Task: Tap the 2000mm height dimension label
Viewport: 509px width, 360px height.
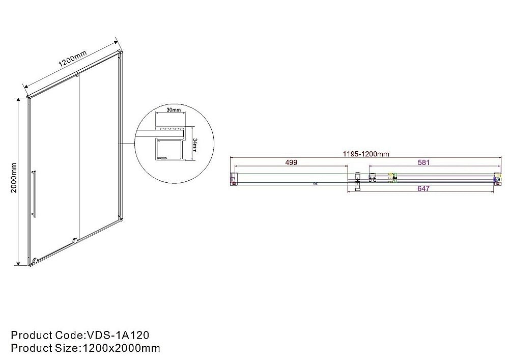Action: tap(14, 177)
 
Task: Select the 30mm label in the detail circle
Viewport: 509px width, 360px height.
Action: tap(174, 109)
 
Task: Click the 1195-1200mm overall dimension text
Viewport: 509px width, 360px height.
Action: tap(364, 153)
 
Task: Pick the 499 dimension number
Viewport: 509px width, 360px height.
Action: tap(291, 162)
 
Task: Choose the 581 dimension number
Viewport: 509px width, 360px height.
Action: tap(424, 163)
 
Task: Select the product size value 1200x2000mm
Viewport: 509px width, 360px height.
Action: tap(121, 348)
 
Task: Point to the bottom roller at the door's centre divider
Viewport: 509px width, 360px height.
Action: tap(76, 240)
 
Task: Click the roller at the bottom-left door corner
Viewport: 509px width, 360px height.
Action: tap(34, 262)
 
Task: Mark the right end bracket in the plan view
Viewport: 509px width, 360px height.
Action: tap(497, 178)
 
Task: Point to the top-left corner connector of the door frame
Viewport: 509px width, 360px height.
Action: tap(29, 96)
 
